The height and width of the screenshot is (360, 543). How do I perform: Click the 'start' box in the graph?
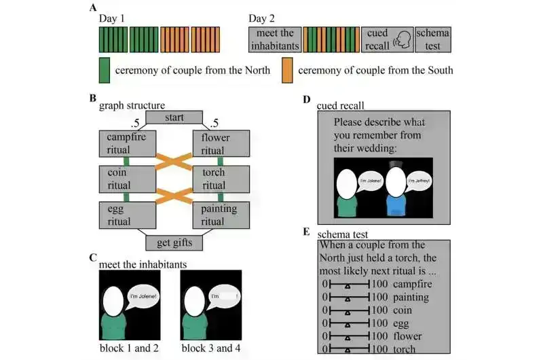(175, 118)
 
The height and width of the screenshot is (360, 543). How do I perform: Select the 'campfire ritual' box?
(128, 142)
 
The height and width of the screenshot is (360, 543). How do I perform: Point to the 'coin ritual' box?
(128, 178)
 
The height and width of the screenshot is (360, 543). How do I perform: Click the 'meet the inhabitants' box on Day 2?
(274, 39)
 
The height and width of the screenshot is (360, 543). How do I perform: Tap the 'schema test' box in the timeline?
(433, 39)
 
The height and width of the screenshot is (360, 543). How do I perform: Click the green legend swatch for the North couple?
(104, 70)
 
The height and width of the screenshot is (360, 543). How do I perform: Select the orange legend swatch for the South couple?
(286, 70)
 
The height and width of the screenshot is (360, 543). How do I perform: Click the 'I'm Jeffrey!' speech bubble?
(415, 181)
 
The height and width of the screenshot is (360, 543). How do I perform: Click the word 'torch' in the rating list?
(405, 348)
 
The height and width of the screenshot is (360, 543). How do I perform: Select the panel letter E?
(306, 232)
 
